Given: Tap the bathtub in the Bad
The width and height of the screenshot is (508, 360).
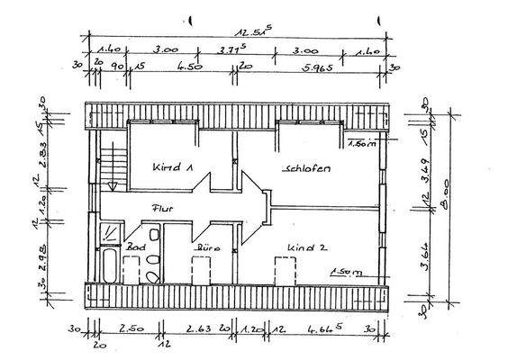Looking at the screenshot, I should tap(107, 265).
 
